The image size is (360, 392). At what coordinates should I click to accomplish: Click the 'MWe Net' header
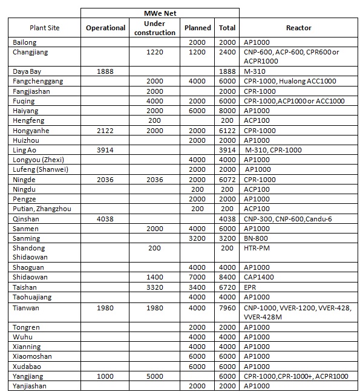160,12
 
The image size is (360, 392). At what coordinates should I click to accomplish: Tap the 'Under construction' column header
154,28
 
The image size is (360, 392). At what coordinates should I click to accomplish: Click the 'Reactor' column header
298,28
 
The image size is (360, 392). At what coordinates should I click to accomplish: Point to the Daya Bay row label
27,71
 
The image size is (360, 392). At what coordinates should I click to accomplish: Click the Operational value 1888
106,71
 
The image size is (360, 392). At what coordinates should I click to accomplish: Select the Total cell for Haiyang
227,111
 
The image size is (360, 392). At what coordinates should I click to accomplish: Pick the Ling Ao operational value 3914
106,150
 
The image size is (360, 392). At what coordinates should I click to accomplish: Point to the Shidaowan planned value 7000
197,278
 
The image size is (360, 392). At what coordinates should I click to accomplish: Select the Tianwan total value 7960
227,307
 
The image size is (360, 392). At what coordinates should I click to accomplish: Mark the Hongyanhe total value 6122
227,130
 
